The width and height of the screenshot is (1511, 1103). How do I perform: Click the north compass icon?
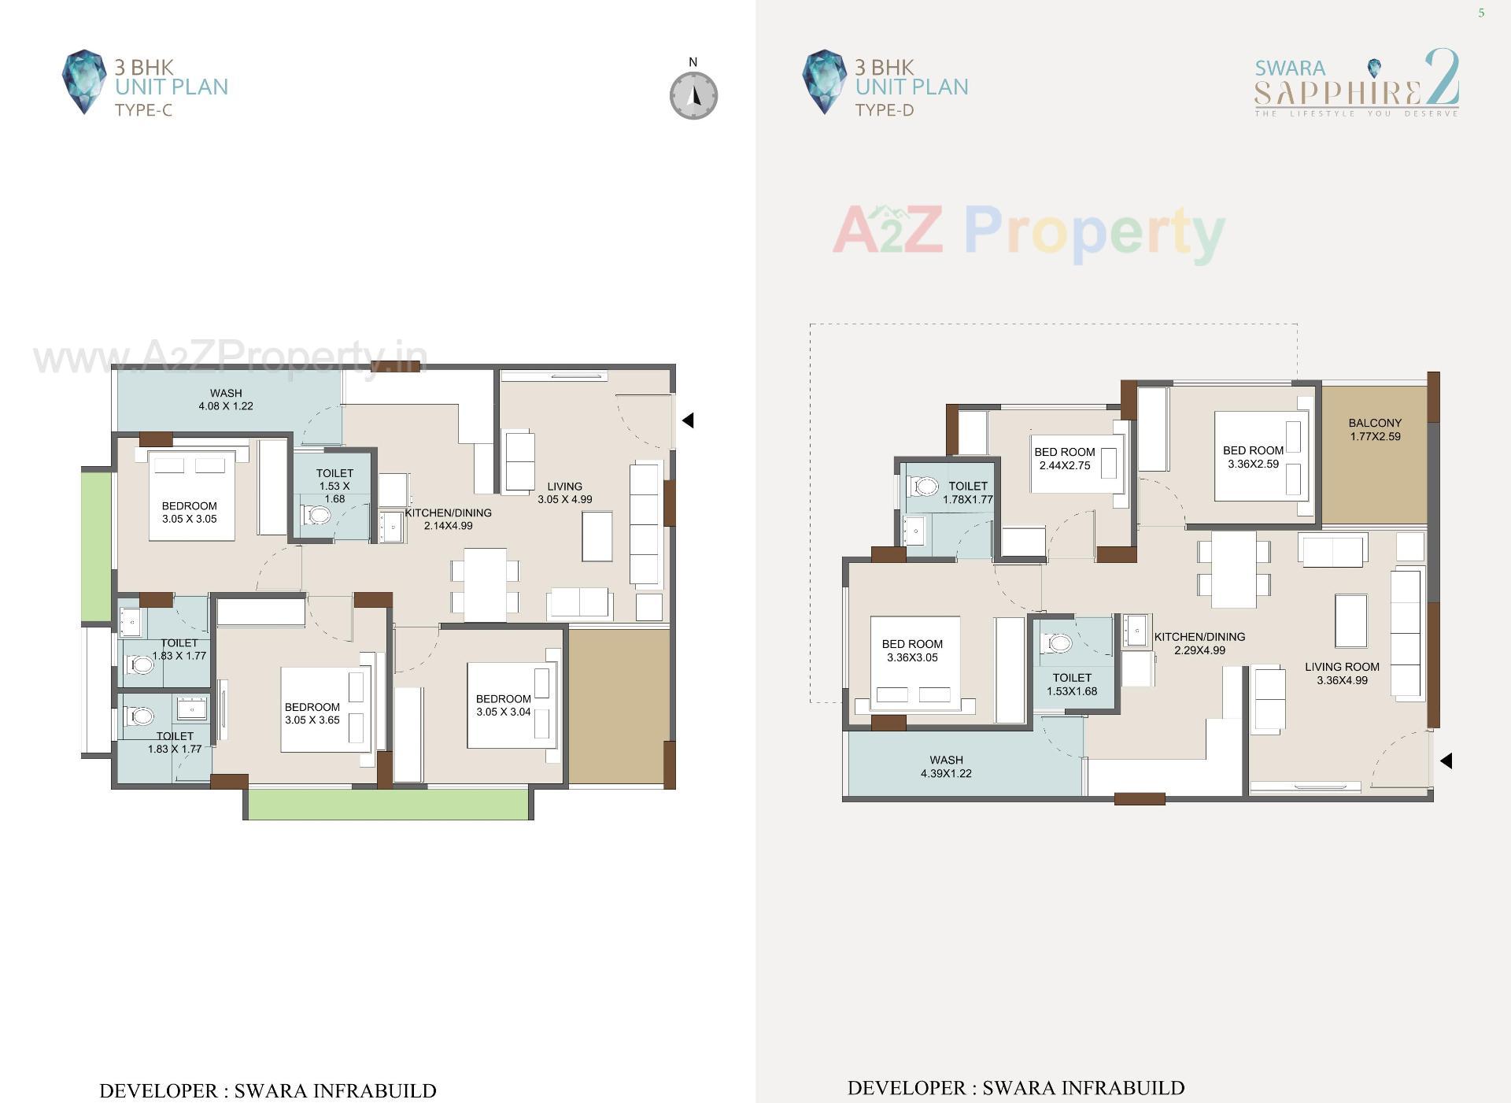[693, 95]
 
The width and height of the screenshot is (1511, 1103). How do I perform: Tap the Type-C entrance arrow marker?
[688, 420]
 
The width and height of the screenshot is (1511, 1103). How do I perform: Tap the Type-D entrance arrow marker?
[1446, 761]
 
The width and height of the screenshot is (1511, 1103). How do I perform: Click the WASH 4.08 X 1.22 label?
[226, 399]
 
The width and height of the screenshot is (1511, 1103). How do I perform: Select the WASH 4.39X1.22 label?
[946, 766]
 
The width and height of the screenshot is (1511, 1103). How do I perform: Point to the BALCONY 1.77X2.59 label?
[1374, 429]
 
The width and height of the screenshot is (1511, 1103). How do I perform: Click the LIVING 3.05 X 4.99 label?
[564, 493]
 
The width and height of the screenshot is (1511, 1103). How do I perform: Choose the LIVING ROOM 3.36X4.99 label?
[1341, 673]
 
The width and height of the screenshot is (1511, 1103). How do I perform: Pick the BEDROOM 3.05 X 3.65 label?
[312, 713]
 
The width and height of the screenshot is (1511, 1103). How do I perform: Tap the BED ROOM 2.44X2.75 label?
[1064, 458]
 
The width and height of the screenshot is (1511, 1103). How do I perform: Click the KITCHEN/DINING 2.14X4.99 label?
[448, 519]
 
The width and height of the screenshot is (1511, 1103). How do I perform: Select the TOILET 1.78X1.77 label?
[967, 492]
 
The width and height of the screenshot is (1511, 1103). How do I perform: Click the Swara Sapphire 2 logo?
[1357, 83]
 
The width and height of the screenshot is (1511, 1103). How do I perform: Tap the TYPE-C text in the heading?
[143, 110]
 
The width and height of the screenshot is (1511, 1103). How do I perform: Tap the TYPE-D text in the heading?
[884, 110]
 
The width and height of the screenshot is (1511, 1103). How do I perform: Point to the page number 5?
[1481, 13]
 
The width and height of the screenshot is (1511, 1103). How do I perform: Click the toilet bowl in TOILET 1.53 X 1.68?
[318, 516]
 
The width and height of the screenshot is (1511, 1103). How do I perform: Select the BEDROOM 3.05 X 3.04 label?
[503, 705]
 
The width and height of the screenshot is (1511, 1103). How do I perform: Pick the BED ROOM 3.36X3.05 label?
[911, 650]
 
